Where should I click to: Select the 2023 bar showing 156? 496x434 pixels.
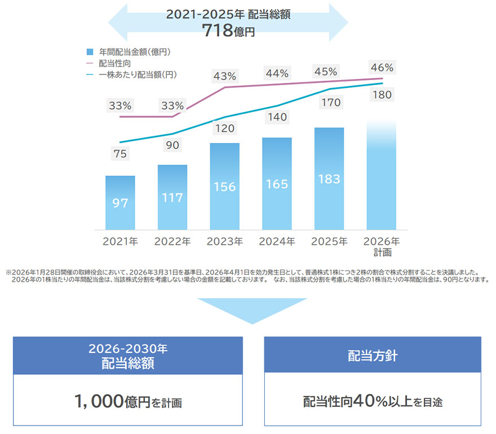(224, 187)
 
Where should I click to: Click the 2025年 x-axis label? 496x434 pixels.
(329, 242)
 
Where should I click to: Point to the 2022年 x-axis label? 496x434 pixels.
(172, 242)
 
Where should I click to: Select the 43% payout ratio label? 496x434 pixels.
(224, 76)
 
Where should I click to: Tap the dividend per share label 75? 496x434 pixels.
(120, 153)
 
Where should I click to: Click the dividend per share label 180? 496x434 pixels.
(382, 95)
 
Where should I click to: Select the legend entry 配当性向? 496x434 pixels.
(116, 63)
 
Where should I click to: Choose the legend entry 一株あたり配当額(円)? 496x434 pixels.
(134, 74)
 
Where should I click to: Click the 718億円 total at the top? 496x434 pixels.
(228, 30)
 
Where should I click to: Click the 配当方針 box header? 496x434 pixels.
(373, 356)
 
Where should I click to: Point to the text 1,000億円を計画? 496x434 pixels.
(127, 401)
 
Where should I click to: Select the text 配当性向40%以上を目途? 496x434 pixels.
(373, 401)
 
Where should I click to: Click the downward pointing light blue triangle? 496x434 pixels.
(252, 310)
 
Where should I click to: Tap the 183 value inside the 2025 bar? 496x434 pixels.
(329, 179)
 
